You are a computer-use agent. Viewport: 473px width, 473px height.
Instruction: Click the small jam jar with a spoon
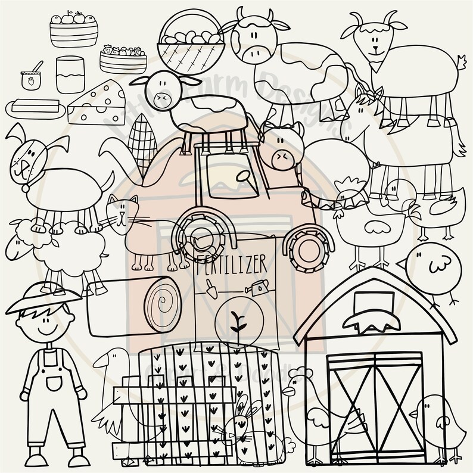(x=29, y=79)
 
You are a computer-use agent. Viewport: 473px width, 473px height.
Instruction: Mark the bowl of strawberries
(x=123, y=58)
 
